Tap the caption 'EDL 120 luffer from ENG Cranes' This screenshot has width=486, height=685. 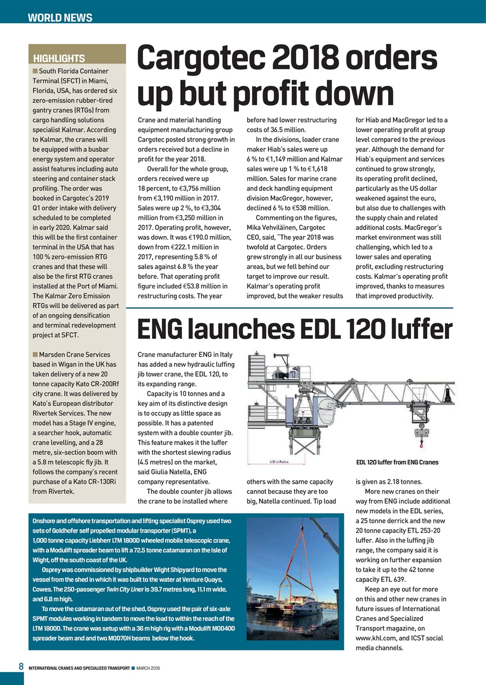[x=397, y=462]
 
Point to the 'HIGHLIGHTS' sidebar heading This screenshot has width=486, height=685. [x=59, y=58]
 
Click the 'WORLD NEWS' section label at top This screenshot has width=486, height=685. [x=60, y=18]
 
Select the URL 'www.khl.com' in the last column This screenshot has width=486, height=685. [x=376, y=638]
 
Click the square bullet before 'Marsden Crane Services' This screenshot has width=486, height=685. [x=35, y=354]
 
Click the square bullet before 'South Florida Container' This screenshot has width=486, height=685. [x=35, y=71]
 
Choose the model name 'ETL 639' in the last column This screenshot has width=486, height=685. [x=387, y=580]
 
